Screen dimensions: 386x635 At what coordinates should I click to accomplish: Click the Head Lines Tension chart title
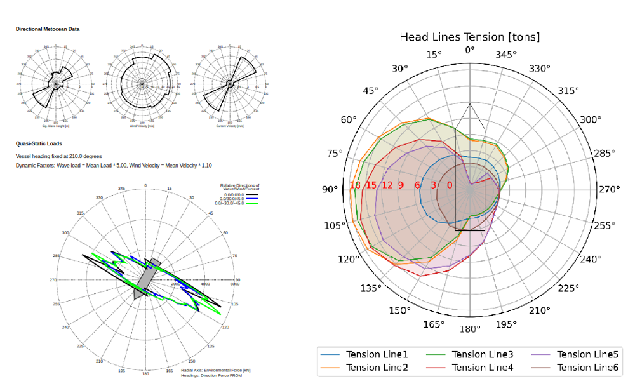point(469,37)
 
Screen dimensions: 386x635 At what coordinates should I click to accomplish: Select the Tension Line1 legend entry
point(377,354)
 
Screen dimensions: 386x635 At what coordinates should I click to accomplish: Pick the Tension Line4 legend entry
point(482,368)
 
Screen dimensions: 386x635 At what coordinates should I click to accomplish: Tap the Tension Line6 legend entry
point(587,368)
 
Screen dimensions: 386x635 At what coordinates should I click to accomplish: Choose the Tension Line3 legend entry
point(482,354)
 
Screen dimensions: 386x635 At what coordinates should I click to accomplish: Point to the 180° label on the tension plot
point(470,329)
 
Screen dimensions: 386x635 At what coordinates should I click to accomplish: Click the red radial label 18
point(356,185)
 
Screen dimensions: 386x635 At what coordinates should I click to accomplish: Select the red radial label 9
point(401,185)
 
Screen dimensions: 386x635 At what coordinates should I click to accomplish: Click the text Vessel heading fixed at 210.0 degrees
point(58,156)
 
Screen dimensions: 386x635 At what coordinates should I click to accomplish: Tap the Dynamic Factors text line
point(114,165)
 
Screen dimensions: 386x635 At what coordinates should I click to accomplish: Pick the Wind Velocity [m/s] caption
point(142,126)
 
